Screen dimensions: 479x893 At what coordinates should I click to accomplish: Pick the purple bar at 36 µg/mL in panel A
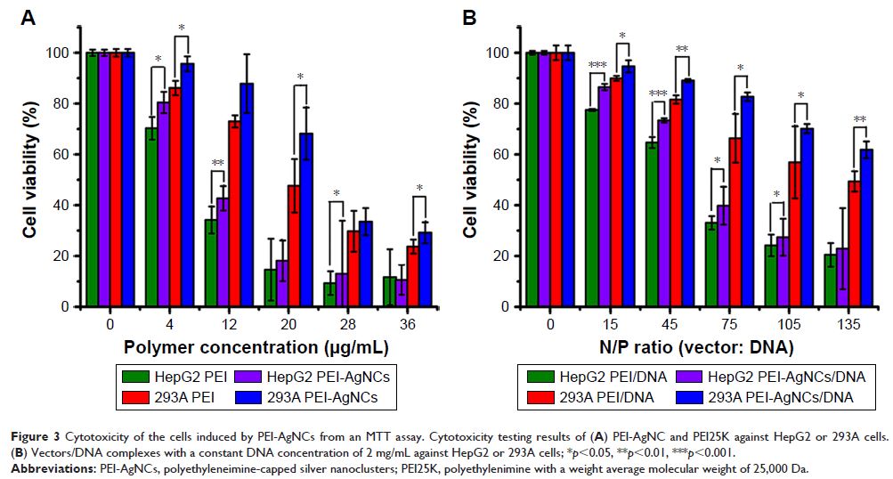(x=376, y=293)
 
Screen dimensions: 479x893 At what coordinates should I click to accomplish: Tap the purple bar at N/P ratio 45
(x=663, y=213)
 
